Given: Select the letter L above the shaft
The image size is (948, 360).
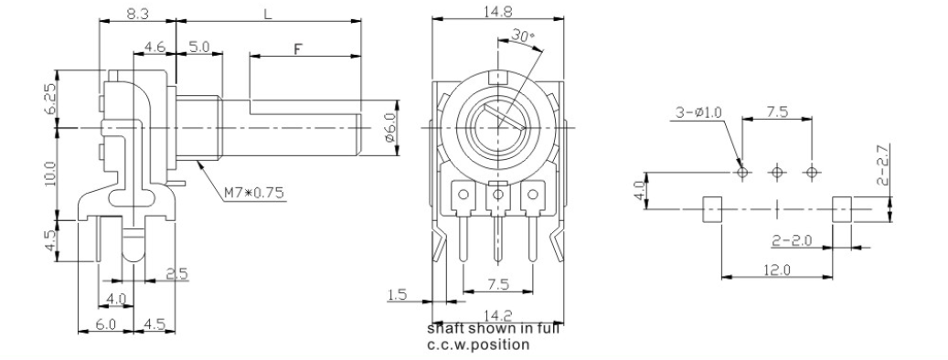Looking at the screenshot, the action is pyautogui.click(x=268, y=14).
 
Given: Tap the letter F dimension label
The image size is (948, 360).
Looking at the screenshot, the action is pyautogui.click(x=298, y=49).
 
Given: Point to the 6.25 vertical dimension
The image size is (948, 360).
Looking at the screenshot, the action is pyautogui.click(x=51, y=99).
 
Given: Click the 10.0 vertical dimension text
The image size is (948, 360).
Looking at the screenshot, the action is pyautogui.click(x=51, y=174).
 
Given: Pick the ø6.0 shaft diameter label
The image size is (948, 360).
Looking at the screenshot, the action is pyautogui.click(x=390, y=127).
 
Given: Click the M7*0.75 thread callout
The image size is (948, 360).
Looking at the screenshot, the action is pyautogui.click(x=254, y=194).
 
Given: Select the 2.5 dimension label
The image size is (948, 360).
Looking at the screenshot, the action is pyautogui.click(x=176, y=273).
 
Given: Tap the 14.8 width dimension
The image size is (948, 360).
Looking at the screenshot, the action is pyautogui.click(x=497, y=11).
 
